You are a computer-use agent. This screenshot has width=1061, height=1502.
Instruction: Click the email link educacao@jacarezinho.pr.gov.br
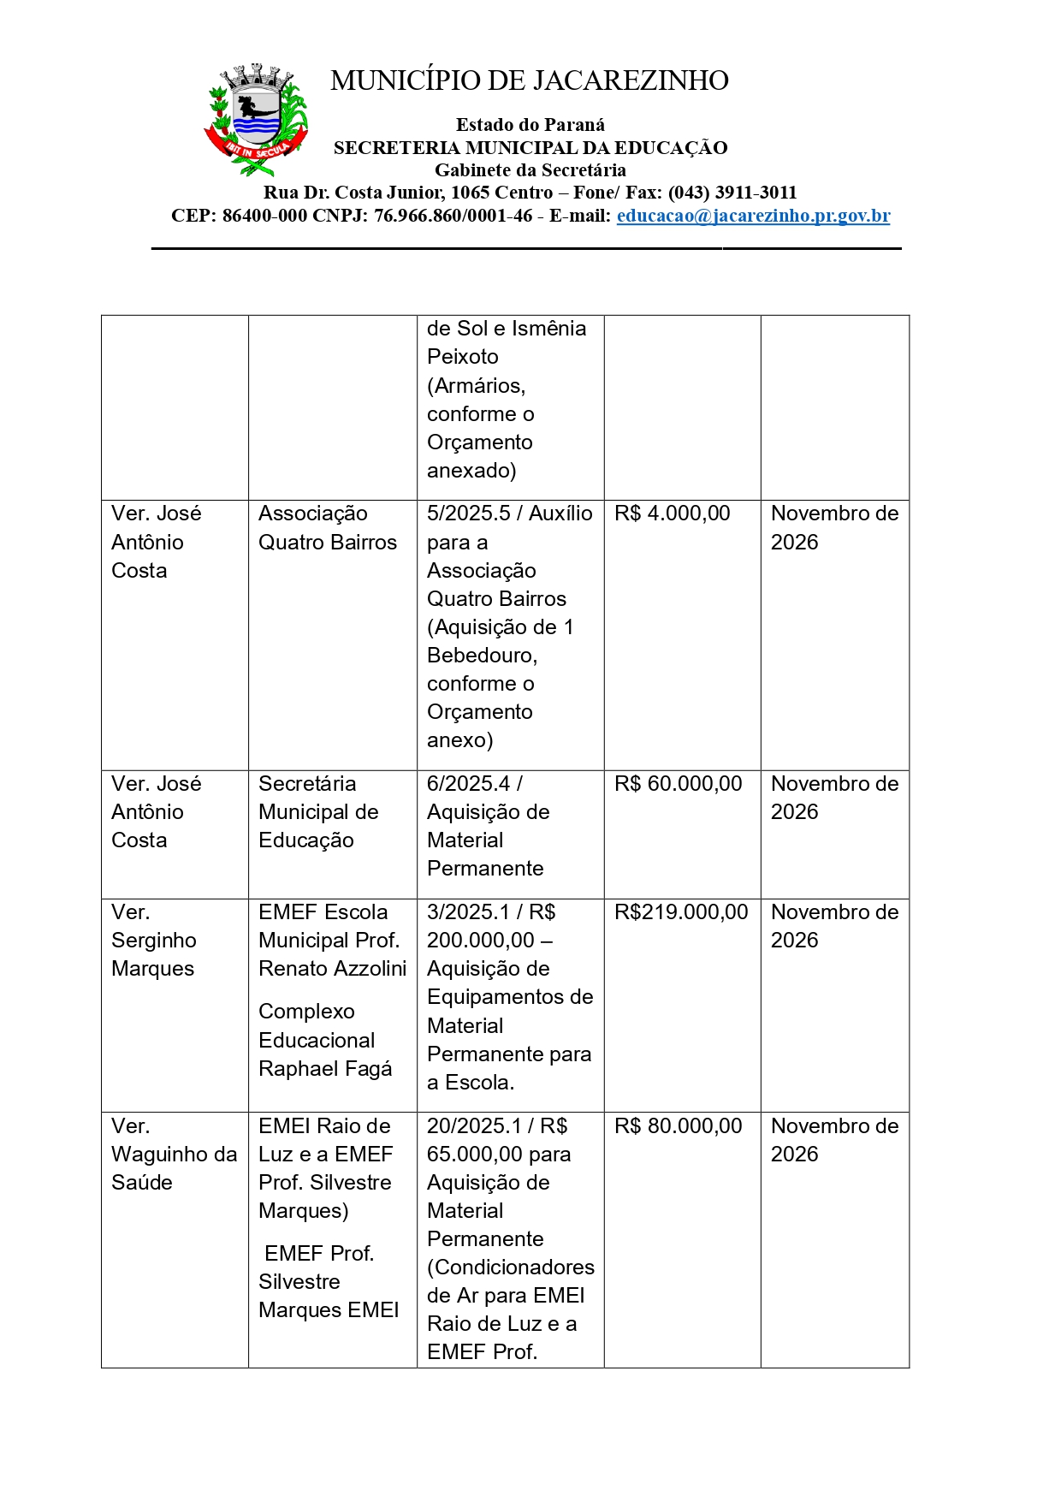[x=753, y=216]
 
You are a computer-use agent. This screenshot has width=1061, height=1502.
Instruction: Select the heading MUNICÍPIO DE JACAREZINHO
[x=529, y=80]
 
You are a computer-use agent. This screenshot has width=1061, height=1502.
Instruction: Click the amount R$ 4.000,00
[x=672, y=514]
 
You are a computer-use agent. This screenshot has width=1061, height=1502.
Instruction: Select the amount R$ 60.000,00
[x=678, y=784]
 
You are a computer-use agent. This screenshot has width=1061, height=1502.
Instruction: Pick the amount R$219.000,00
[x=681, y=912]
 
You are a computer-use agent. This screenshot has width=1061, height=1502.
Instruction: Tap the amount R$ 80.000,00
[x=678, y=1126]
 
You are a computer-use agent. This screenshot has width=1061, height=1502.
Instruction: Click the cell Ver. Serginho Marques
[x=154, y=941]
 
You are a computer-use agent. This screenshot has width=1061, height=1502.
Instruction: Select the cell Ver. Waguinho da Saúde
[x=174, y=1155]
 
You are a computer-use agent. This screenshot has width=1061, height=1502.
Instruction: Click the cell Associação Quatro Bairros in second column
[x=328, y=528]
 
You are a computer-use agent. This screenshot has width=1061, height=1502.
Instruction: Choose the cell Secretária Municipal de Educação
[x=318, y=812]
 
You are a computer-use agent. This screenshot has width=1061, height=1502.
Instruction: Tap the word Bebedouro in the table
[x=481, y=656]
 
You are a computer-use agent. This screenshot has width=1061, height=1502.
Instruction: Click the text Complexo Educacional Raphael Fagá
[x=325, y=1040]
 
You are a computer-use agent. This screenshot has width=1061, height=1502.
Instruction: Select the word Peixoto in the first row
[x=462, y=357]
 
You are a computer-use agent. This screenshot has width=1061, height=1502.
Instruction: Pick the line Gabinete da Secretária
[x=530, y=170]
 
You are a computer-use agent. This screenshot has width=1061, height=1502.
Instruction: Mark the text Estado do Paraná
[x=530, y=125]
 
